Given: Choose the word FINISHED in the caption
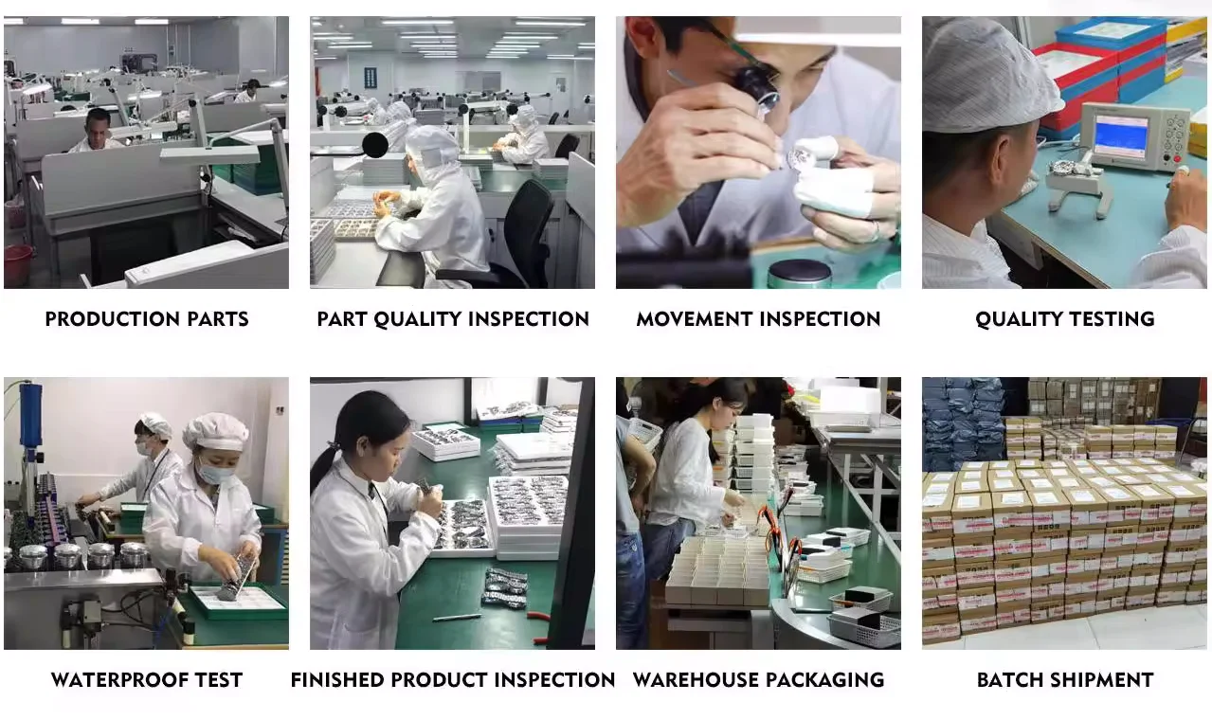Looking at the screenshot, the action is pyautogui.click(x=337, y=680).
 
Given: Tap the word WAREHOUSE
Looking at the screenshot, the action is pyautogui.click(x=695, y=680).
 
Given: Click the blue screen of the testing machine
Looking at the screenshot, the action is pyautogui.click(x=1121, y=135).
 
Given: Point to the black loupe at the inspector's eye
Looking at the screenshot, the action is pyautogui.click(x=756, y=86).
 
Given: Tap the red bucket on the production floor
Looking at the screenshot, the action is pyautogui.click(x=17, y=265).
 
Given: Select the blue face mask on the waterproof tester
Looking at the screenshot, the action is pyautogui.click(x=214, y=472).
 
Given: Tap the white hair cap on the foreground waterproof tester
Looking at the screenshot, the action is pyautogui.click(x=215, y=431).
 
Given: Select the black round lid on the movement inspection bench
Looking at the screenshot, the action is pyautogui.click(x=800, y=273).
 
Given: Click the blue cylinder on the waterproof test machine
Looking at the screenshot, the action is pyautogui.click(x=30, y=414).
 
